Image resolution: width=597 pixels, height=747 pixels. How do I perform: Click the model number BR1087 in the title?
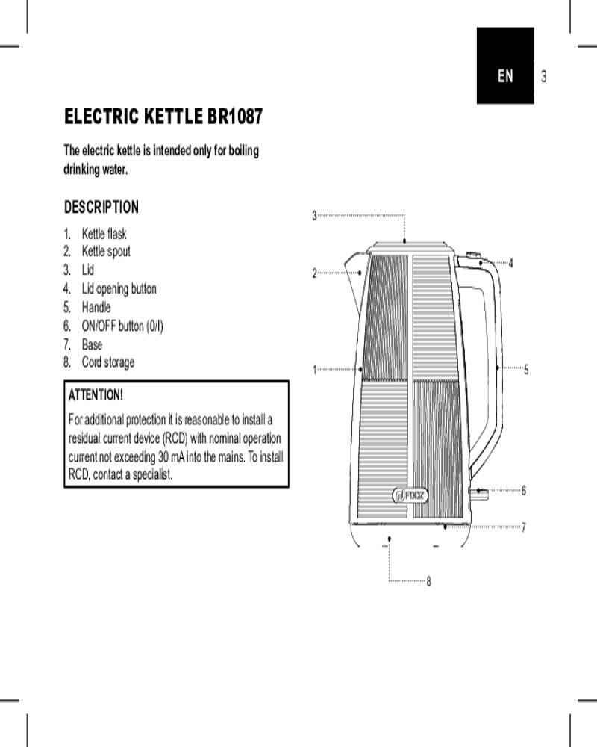coord(235,117)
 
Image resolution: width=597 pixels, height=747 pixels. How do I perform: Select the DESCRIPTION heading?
coord(101,207)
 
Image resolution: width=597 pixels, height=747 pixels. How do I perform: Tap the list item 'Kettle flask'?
coord(104,233)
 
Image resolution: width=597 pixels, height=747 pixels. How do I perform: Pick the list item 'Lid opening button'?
coord(119,288)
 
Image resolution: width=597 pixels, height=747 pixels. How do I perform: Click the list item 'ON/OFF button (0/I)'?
coord(122,326)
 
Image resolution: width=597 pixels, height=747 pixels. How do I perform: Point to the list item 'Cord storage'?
coord(108,362)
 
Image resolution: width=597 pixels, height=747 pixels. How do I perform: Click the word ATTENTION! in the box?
coord(96,395)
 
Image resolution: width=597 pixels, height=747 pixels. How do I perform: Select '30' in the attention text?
coord(163,457)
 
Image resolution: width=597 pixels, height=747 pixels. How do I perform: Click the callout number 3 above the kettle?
coord(314,216)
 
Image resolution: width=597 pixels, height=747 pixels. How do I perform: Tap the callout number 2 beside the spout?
coord(314,273)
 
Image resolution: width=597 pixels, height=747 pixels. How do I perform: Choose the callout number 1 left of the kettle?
coord(314,370)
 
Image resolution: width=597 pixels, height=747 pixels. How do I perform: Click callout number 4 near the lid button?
coord(511,263)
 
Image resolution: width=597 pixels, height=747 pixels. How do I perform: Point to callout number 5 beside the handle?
coord(526,369)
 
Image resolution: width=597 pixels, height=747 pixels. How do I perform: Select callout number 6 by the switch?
coord(524,490)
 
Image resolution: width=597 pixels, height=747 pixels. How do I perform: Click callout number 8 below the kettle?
coord(428,581)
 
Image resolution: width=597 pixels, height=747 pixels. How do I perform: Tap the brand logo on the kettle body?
coord(410,496)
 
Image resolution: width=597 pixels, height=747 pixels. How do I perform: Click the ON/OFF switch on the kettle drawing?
coord(478,494)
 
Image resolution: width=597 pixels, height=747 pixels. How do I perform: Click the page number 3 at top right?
coord(544,76)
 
